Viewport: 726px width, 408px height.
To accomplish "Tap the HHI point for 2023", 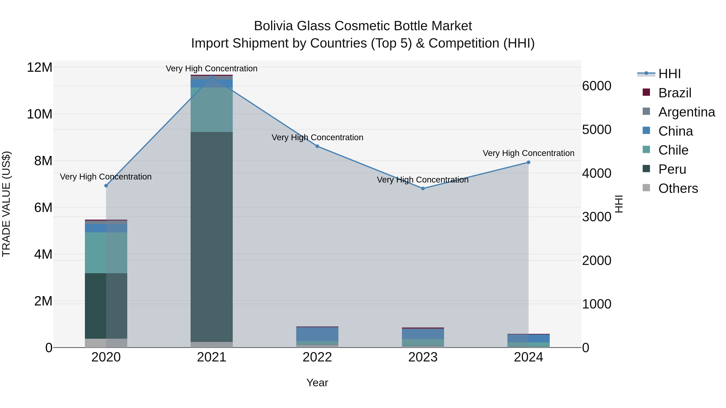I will point(423,188).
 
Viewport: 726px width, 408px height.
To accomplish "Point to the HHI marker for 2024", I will point(528,162).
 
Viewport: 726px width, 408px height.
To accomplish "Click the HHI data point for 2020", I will point(106,186).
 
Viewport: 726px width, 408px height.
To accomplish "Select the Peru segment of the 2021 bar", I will point(212,237).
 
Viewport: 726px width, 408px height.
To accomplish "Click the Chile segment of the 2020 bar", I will point(106,253).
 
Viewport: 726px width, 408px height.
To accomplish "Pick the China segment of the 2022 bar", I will point(317,334).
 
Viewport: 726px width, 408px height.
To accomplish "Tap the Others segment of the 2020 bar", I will point(106,343).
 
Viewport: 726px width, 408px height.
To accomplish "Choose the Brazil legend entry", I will point(675,93).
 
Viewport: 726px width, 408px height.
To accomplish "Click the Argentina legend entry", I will point(686,112).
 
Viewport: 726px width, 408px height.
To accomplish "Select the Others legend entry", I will point(678,188).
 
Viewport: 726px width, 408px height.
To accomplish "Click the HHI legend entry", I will point(669,74).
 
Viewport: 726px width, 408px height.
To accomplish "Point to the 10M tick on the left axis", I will point(40,114).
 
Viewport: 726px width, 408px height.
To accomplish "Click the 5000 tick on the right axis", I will point(597,130).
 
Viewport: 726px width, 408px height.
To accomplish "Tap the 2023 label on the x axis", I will point(423,357).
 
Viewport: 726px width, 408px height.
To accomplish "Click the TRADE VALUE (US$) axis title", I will point(6,204).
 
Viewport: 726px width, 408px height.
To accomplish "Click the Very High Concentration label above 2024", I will point(528,153).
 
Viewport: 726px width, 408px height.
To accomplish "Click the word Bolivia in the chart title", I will point(273,26).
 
